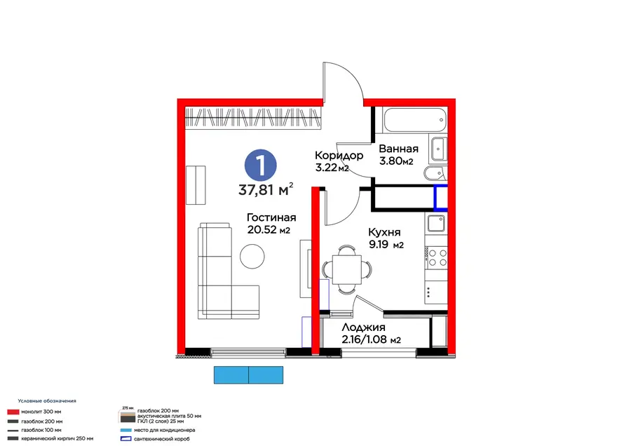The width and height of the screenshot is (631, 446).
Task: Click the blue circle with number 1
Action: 261,165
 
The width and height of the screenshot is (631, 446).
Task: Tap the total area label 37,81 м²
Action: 266,189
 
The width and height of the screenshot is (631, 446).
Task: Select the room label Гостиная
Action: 271,217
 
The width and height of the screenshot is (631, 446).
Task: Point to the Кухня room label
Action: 384,232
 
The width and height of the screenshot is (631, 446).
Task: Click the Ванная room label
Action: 398,149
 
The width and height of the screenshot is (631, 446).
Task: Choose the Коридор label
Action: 339,156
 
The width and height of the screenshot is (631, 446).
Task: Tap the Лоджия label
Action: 363,327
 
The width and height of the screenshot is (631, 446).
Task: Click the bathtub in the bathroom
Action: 415,119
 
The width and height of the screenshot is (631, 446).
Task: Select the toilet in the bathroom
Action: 435,173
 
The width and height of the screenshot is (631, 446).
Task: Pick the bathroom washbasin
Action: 438,149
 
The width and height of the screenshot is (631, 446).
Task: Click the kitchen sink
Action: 436,223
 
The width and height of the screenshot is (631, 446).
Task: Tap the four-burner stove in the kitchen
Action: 436,257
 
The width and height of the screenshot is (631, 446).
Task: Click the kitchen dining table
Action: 347,269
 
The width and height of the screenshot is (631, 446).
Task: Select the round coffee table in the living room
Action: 252,257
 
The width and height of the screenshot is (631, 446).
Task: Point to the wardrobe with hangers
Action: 253,119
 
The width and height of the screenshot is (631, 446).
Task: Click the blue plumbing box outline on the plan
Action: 441,198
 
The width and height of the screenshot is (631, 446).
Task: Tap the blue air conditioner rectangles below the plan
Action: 248,374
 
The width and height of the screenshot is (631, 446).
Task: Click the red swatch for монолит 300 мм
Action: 13,412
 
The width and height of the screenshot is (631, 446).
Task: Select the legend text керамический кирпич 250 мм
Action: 57,438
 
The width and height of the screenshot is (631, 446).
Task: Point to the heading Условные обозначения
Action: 47,401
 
